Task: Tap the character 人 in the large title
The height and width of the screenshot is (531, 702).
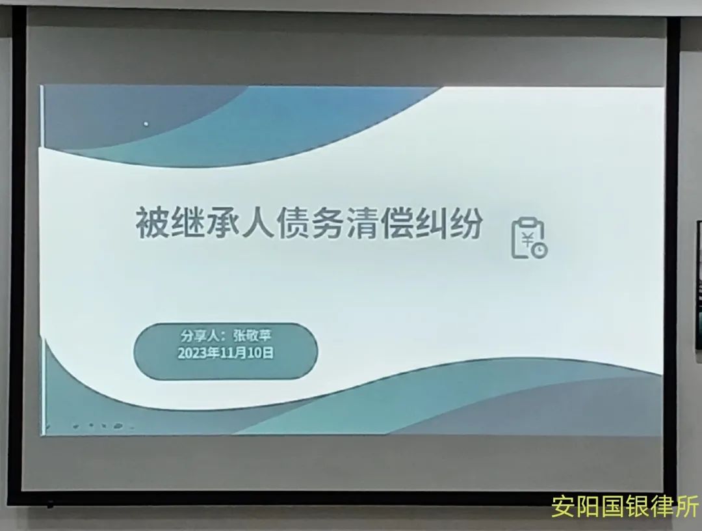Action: (255, 223)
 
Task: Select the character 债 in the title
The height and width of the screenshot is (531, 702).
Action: (291, 223)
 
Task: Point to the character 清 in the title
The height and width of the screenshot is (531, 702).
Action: (361, 223)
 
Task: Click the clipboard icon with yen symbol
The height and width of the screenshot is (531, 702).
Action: (529, 238)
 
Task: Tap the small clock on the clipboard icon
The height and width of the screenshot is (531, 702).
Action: (540, 250)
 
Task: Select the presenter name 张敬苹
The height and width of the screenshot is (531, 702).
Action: (252, 336)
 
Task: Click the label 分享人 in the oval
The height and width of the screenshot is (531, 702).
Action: (199, 336)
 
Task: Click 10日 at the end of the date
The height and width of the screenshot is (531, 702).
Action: (261, 353)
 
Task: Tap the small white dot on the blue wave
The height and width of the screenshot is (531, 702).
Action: (146, 124)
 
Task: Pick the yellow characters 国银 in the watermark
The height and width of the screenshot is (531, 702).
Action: (625, 507)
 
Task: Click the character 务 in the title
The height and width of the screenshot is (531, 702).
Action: (326, 223)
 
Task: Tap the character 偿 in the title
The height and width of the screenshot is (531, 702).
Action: (396, 223)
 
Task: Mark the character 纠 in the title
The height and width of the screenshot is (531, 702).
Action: (431, 223)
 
